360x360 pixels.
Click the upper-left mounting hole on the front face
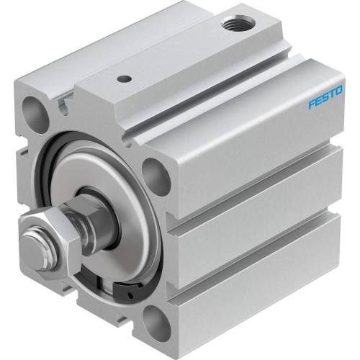pos(35,114)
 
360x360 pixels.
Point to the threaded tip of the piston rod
pos(29,246)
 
